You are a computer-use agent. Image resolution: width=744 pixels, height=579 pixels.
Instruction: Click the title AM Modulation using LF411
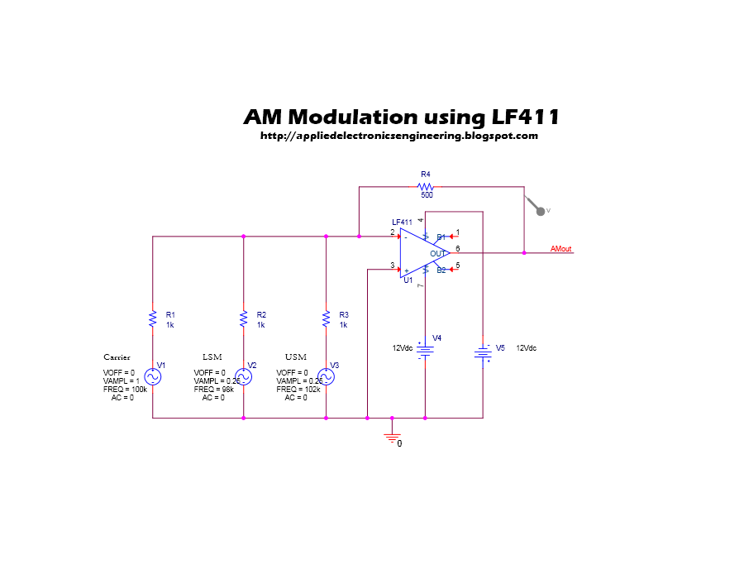point(401,117)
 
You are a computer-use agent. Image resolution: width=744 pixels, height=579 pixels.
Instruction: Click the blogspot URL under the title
point(398,136)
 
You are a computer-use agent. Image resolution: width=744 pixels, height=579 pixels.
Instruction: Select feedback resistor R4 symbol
point(425,187)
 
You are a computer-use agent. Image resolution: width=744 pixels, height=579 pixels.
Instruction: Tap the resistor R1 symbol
point(152,319)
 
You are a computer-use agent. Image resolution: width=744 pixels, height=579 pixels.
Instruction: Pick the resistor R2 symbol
point(243,319)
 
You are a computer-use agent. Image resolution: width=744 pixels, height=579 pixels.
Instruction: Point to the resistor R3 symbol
point(326,319)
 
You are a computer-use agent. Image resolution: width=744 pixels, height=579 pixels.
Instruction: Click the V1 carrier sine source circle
point(152,376)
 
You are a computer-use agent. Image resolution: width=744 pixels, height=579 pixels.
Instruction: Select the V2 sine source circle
point(243,376)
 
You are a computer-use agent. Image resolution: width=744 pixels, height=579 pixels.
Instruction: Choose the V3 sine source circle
point(326,376)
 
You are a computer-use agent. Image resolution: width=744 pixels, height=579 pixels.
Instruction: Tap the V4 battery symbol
point(425,350)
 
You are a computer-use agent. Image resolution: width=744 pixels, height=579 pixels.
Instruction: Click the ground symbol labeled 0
point(392,436)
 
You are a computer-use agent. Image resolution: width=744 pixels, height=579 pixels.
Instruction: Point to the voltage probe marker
point(540,211)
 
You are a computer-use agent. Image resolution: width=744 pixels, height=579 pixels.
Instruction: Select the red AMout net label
point(560,249)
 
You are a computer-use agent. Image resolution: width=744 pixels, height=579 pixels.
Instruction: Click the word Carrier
point(117,357)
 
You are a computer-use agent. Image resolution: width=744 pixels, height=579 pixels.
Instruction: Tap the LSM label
point(212,357)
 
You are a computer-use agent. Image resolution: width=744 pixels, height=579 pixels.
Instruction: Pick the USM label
point(295,357)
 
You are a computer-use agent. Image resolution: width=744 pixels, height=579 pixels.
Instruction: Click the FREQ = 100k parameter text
point(125,389)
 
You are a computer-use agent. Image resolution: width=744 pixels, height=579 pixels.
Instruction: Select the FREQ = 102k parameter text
point(298,389)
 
